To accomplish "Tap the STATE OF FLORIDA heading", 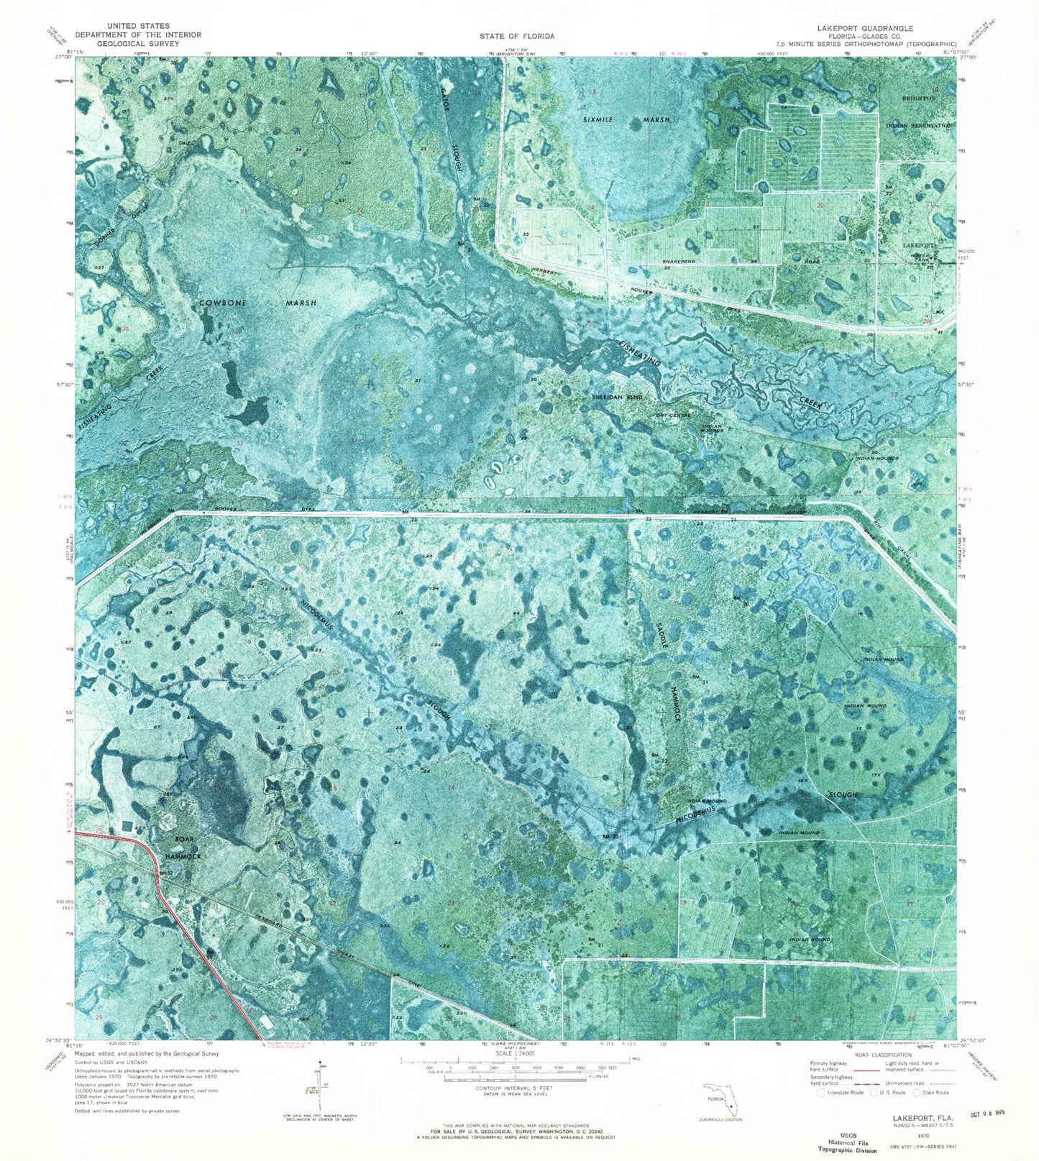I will pyautogui.click(x=518, y=35).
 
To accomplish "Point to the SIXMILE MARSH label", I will pyautogui.click(x=626, y=119).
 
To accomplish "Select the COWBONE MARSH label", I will pyautogui.click(x=258, y=303).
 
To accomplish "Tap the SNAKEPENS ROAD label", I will pyautogui.click(x=748, y=262).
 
